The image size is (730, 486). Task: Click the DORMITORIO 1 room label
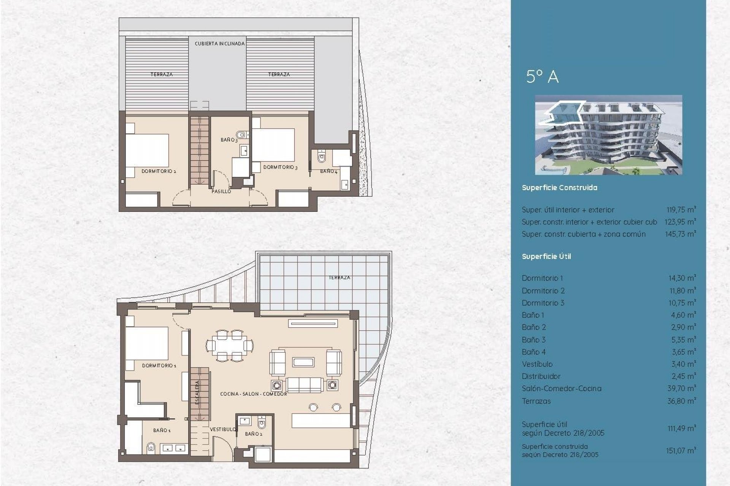point(159,366)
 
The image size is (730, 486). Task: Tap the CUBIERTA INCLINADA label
point(219,44)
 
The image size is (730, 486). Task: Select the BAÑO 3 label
point(229,140)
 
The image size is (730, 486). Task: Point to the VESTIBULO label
point(223,429)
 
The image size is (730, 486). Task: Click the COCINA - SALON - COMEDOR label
point(254,394)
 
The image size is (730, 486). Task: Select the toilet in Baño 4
point(322,157)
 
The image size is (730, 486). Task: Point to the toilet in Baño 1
point(151,448)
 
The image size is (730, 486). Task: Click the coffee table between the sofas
point(303,362)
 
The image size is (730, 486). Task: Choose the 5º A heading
point(542,77)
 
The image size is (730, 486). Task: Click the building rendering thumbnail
point(608,135)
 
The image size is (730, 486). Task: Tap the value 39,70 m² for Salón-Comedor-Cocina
point(681,388)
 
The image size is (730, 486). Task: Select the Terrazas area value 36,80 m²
point(681,401)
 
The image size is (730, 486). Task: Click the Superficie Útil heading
point(546,257)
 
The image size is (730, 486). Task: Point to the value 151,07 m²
point(680,451)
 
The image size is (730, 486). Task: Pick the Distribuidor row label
point(541,376)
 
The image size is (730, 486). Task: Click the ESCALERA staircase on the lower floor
point(200,393)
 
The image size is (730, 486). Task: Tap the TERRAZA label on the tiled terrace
point(339,278)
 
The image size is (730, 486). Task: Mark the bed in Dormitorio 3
point(273,145)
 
